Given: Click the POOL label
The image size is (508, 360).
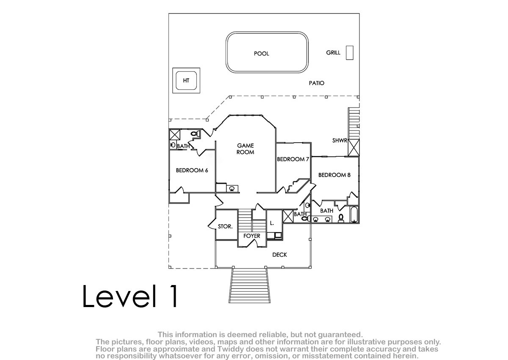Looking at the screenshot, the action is (262, 53).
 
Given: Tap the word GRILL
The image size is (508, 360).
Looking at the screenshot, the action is (333, 53).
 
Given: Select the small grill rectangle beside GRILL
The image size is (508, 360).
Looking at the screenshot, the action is (350, 53).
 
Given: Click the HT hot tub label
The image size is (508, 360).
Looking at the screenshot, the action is (186, 80).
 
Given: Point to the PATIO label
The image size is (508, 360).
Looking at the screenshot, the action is (317, 83).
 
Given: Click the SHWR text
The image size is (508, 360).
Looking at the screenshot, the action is (340, 141).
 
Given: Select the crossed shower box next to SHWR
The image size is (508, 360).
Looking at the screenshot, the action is (353, 148).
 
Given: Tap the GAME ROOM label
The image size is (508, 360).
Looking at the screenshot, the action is (246, 149).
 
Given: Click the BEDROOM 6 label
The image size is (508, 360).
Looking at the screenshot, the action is (192, 170).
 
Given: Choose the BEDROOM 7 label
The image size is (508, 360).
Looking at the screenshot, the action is (293, 159).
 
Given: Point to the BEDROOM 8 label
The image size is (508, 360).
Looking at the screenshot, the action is (334, 175).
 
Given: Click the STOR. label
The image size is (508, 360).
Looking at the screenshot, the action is (225, 227).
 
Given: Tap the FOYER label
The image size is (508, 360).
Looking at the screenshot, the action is (252, 236).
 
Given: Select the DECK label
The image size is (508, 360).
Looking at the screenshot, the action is (280, 255).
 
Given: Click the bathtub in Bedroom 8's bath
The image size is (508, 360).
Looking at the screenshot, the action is (354, 214).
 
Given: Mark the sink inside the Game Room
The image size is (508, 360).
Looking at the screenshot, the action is (232, 188).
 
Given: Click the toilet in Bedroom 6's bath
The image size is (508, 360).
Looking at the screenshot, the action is (195, 133).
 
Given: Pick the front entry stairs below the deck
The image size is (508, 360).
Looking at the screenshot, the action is (249, 285).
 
